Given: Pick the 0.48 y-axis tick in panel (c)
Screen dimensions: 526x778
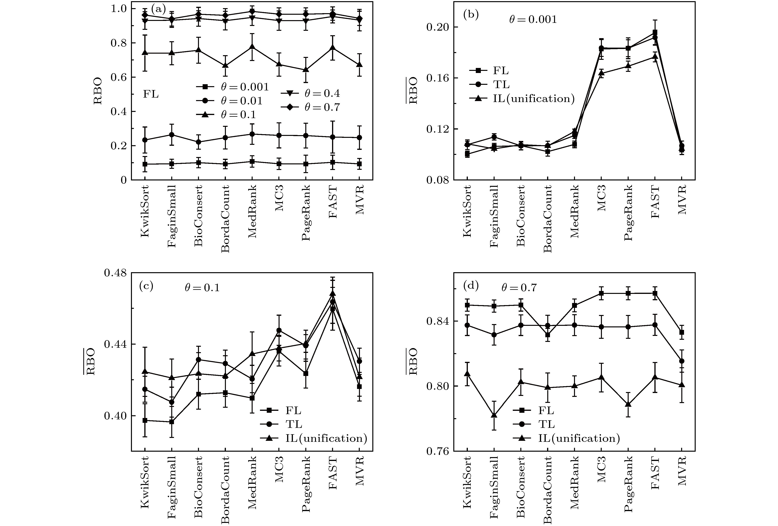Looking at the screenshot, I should pos(115,273).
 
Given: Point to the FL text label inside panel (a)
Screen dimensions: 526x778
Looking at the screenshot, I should pos(151,94).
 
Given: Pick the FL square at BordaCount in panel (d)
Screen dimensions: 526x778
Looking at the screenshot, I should pos(548,335).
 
